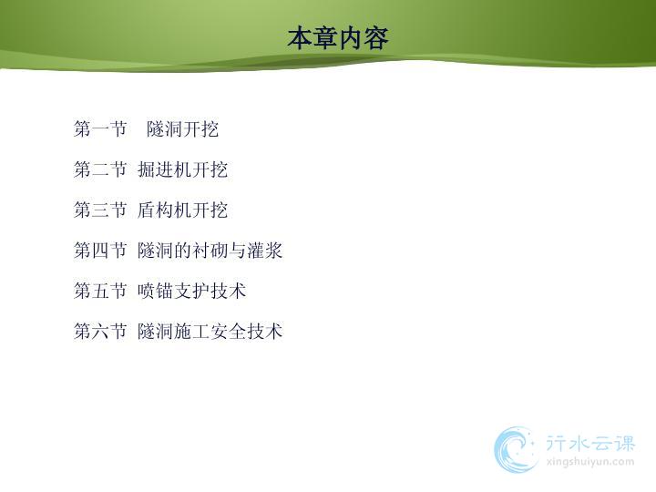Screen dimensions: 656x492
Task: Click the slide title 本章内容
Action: tap(338, 38)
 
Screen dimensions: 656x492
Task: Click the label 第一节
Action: tap(100, 128)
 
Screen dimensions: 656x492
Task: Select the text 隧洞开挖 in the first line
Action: tap(182, 128)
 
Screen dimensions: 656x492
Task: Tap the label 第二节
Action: tap(100, 169)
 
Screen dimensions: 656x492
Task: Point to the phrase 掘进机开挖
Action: tap(182, 169)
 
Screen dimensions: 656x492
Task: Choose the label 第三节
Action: tap(100, 210)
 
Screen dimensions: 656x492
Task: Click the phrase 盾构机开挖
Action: tap(182, 210)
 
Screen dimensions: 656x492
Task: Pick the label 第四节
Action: tap(100, 251)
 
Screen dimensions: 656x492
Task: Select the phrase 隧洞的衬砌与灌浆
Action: tap(210, 251)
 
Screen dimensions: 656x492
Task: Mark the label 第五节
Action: tap(100, 291)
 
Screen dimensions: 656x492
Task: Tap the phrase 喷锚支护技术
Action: tap(191, 291)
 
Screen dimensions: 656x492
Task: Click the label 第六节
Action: tap(100, 331)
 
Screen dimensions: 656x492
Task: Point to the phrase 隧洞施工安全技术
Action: tap(210, 331)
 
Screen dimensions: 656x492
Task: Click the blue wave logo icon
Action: tap(516, 449)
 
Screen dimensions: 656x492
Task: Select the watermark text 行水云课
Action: tap(590, 444)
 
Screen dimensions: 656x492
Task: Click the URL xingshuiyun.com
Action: tap(590, 462)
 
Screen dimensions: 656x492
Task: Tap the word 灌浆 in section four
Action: tap(265, 251)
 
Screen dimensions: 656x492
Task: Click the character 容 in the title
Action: tap(376, 38)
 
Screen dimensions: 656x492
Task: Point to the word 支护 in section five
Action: tap(191, 291)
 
